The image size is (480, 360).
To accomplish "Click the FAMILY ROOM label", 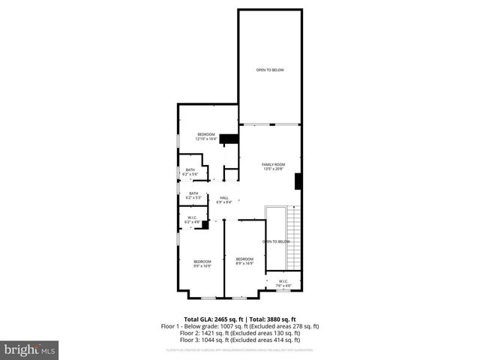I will click(x=274, y=166).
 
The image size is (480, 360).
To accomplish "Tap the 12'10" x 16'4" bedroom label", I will click(x=205, y=136).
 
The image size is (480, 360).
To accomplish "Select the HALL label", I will click(x=223, y=199).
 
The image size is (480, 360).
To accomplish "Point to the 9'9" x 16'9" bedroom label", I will click(x=202, y=263).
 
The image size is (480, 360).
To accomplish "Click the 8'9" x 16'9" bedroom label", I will click(x=244, y=261).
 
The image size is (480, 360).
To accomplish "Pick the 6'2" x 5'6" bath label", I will click(x=190, y=172).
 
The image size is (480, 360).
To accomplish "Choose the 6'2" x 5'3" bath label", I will click(x=193, y=196).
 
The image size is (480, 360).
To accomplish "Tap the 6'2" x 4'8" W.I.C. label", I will click(x=192, y=220).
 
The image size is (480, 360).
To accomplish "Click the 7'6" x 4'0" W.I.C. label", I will click(x=283, y=283).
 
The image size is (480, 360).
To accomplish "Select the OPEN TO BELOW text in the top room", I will click(x=270, y=70).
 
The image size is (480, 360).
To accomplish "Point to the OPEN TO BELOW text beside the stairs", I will click(x=276, y=241).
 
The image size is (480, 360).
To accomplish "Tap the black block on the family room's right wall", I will click(x=298, y=181).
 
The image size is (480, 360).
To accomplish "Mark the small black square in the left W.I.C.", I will click(x=205, y=224).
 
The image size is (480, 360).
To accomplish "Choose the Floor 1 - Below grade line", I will click(x=240, y=326).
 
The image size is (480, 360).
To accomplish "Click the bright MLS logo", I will click(x=30, y=349).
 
